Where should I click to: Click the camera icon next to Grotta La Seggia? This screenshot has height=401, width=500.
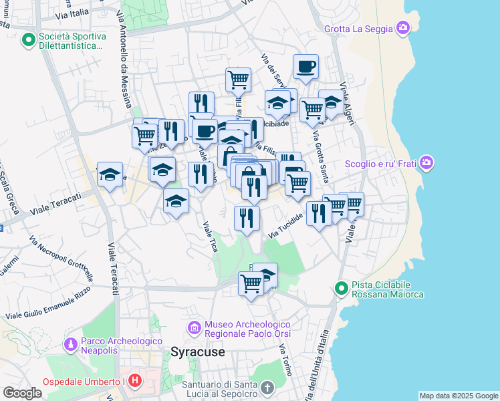403,28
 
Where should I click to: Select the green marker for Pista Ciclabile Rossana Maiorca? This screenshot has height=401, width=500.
341,289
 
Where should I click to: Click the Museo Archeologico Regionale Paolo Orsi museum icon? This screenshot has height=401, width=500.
195,328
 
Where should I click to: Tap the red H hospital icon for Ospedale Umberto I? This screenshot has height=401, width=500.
135,381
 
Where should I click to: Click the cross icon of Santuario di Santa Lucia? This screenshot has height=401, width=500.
267,388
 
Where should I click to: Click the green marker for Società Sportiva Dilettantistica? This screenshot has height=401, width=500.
28,41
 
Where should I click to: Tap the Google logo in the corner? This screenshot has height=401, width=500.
22,393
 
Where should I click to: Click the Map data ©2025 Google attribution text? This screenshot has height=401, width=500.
459,396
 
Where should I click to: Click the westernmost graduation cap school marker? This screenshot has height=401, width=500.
110,175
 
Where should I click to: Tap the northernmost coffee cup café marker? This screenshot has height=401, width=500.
305,67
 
